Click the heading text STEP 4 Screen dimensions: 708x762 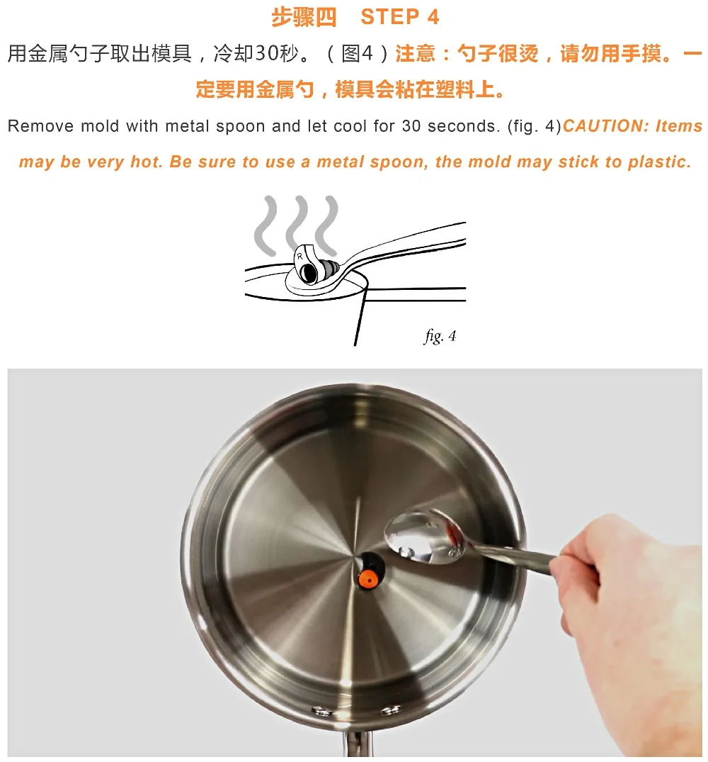click(400, 17)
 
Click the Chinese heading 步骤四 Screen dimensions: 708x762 click(304, 17)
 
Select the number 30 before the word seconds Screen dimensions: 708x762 click(411, 126)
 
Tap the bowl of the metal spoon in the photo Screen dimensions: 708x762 click(425, 536)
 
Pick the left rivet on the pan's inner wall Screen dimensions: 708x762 click(321, 712)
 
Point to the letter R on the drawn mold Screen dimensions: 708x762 click(300, 256)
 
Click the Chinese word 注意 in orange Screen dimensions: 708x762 click(416, 53)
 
